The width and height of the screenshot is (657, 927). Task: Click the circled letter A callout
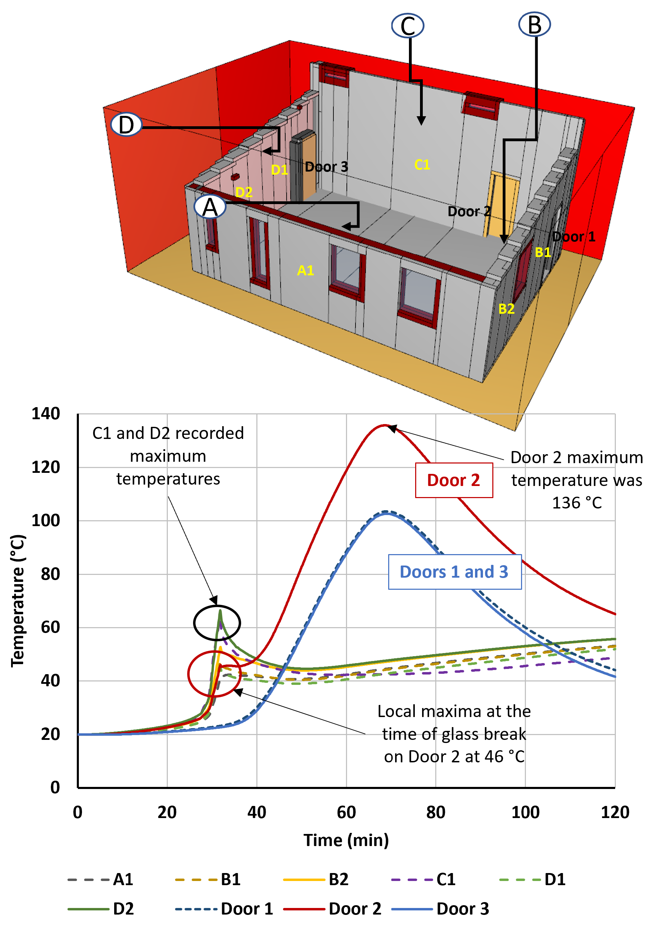click(x=210, y=207)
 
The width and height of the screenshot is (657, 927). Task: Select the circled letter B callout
click(x=535, y=24)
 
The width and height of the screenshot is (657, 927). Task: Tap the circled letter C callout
click(x=408, y=26)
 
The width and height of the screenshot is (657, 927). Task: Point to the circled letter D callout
click(x=126, y=125)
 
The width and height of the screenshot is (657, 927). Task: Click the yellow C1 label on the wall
click(x=422, y=165)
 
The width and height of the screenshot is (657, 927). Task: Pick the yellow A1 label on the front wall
click(x=305, y=270)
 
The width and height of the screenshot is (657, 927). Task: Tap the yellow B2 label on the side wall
click(x=506, y=309)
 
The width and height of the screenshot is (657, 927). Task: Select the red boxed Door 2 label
click(x=454, y=480)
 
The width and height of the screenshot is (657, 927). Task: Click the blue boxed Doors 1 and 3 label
click(x=454, y=572)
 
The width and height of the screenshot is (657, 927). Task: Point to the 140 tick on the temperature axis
click(x=46, y=413)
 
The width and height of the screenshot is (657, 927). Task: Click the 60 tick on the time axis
click(x=346, y=812)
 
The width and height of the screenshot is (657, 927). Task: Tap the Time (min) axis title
click(x=346, y=840)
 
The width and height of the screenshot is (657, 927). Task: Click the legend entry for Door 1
click(x=225, y=909)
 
